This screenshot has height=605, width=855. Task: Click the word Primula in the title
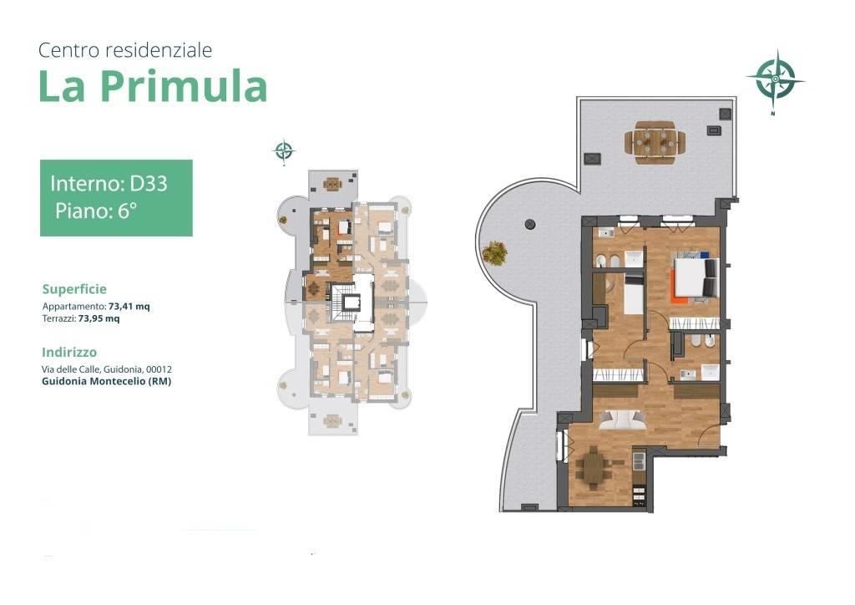coord(184,86)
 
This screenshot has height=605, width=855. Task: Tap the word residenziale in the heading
coord(159,50)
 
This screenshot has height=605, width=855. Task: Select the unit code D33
coord(149,183)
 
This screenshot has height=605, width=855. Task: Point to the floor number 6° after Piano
coord(127,211)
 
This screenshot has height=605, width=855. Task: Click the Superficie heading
coord(74,289)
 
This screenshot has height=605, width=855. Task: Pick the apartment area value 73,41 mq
coord(129,307)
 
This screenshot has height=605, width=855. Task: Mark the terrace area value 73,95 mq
coord(99,318)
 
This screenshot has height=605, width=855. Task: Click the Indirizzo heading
coord(69,353)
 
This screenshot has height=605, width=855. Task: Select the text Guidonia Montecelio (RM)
coord(106,381)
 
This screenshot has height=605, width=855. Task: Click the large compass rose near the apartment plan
coord(776,79)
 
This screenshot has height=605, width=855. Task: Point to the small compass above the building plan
coord(284,150)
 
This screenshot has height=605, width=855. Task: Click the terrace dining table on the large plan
coord(655,142)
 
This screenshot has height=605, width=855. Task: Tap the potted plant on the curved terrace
coord(494,253)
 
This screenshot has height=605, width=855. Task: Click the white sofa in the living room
coord(623,419)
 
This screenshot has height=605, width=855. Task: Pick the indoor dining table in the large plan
coord(594,468)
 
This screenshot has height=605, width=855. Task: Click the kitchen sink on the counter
coord(638,457)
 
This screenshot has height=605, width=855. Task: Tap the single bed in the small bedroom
coord(634,294)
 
